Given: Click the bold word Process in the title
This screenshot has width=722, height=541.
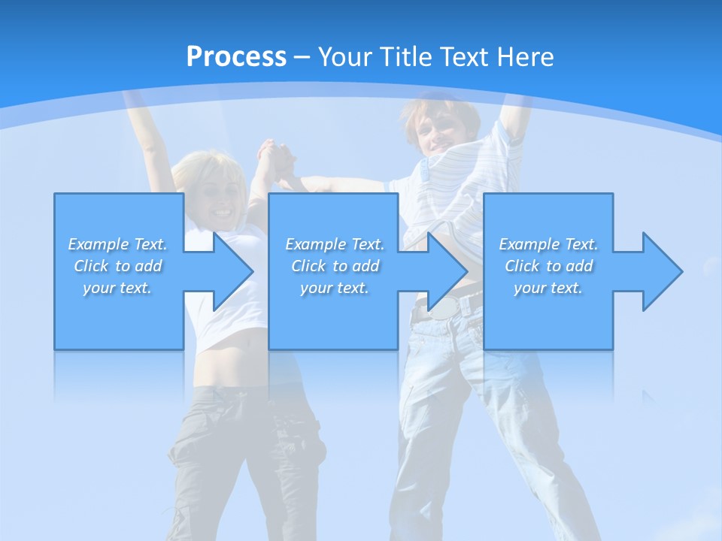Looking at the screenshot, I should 236,56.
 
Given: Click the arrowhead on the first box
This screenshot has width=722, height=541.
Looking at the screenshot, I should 231,271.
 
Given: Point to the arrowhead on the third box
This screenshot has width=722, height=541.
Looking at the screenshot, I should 660,271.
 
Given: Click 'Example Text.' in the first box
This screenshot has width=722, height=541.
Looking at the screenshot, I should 118,244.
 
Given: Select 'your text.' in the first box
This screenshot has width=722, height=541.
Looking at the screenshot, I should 118,288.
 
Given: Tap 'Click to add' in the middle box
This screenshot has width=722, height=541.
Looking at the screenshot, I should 335,266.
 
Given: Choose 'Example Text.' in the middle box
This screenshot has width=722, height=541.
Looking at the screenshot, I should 335,244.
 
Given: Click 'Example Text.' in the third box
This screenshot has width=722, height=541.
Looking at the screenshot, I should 548,244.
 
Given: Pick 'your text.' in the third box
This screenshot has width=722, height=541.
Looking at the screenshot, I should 548,288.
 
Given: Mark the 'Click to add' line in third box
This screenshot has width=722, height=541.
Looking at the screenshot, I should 548,266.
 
